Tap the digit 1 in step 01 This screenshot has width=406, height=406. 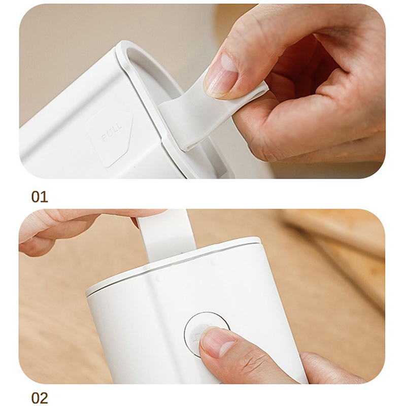44,197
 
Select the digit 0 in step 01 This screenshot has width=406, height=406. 36,197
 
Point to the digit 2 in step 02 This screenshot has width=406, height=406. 44,398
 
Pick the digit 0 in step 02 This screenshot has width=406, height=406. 36,398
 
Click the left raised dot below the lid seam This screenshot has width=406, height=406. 159,279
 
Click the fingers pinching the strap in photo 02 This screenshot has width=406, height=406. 78,228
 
